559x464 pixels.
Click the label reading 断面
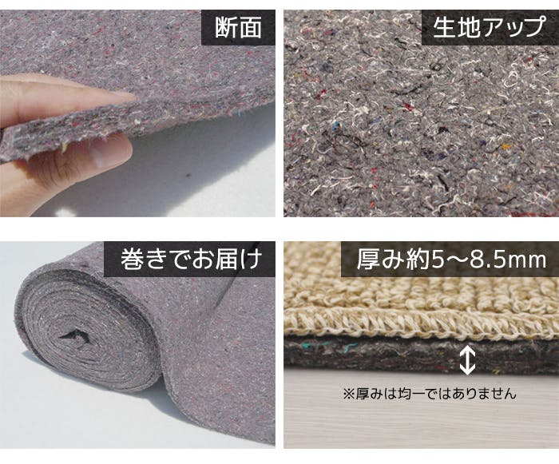pos(238,27)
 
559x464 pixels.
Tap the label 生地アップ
pos(489,26)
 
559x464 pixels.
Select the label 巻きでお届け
pos(192,259)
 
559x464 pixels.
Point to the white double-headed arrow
pos(467,361)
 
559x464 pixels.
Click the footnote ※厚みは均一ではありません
pos(430,394)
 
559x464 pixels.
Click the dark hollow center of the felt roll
pos(74,335)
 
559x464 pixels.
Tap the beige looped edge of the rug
pos(421,322)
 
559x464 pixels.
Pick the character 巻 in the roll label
pos(132,259)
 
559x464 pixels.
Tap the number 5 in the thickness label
pos(438,260)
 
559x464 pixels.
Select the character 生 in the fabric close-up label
pos(444,26)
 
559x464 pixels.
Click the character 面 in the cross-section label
pos(251,27)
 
